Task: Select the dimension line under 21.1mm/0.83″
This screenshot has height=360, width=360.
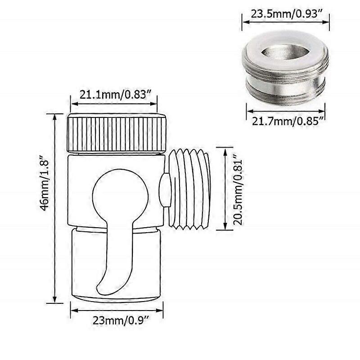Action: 114,104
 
